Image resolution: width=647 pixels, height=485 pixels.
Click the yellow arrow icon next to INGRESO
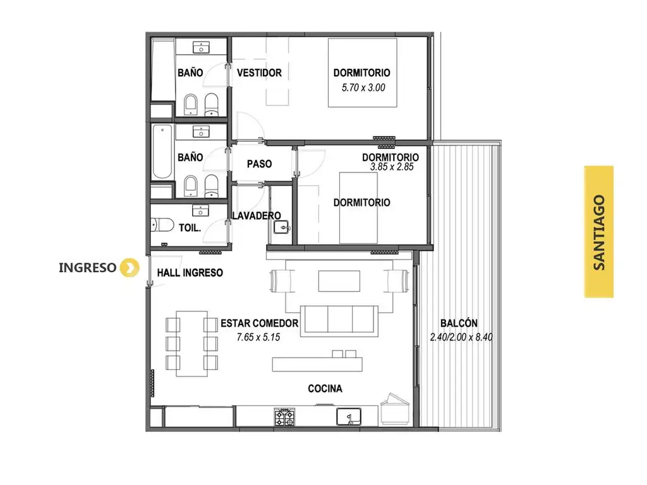[130, 268]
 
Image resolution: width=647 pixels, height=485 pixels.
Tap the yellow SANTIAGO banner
[599, 232]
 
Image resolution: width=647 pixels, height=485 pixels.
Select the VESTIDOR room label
[259, 73]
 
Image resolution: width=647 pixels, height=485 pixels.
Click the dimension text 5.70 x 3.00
[363, 87]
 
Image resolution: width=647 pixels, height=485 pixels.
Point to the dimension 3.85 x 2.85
[392, 167]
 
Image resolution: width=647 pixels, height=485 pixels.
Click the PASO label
[259, 164]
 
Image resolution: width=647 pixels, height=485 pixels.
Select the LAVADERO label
[257, 215]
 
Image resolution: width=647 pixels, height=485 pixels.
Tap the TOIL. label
[190, 227]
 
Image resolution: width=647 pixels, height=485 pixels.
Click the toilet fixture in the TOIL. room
[162, 225]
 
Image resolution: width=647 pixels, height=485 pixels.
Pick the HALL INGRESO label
[190, 273]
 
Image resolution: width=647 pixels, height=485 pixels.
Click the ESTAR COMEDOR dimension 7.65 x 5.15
[258, 337]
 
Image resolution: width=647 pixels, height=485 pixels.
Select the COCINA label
[325, 388]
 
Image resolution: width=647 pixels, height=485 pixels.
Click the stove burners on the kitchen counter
[285, 417]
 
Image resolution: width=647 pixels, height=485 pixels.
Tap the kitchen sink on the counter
[349, 417]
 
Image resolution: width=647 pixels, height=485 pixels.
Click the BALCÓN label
[459, 323]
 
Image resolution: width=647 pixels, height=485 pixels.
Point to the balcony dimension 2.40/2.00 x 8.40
[461, 337]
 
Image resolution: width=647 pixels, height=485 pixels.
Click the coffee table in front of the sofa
[339, 281]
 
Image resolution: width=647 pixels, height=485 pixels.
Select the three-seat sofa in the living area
[339, 321]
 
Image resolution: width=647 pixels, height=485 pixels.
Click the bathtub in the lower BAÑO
[162, 152]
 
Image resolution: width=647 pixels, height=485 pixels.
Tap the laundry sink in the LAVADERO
[282, 227]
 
